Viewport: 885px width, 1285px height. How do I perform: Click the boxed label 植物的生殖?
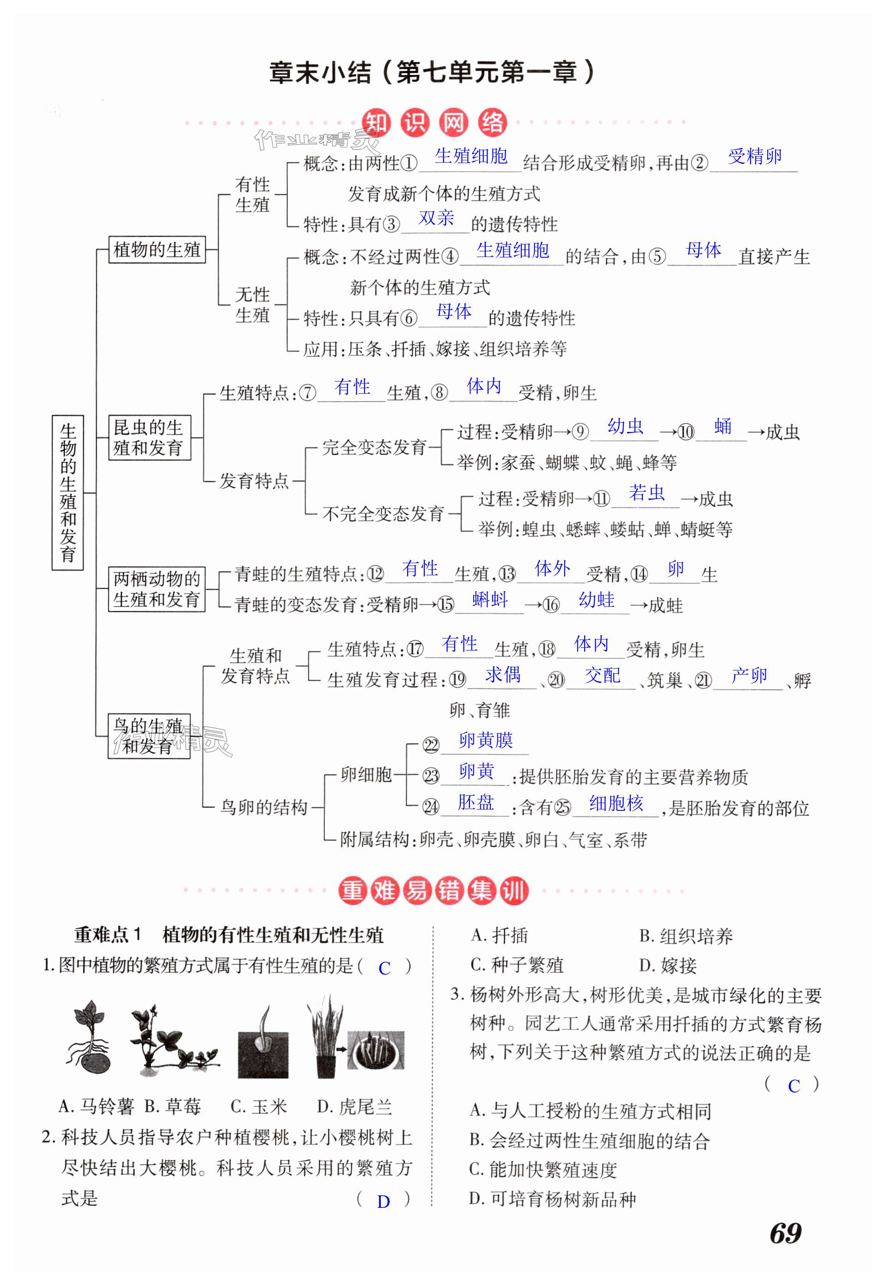click(157, 250)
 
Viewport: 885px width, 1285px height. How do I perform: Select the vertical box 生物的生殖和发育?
click(67, 492)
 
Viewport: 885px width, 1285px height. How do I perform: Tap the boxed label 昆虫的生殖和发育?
click(149, 438)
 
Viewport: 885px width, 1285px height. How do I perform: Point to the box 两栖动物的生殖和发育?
click(156, 589)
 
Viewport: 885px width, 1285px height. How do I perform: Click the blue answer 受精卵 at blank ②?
click(755, 157)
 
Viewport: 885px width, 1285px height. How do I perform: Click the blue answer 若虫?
click(647, 493)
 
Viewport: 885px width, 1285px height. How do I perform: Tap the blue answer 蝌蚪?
click(490, 599)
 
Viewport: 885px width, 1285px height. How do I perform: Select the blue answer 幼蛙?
click(597, 599)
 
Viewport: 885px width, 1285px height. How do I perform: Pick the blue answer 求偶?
click(503, 674)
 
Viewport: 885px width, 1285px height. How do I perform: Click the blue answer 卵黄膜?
click(486, 740)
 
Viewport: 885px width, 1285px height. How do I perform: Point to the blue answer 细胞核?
click(616, 803)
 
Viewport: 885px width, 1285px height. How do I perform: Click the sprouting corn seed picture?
click(263, 1042)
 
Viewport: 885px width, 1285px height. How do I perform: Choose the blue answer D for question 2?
click(383, 1202)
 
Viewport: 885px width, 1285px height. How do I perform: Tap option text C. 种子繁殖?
click(517, 966)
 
